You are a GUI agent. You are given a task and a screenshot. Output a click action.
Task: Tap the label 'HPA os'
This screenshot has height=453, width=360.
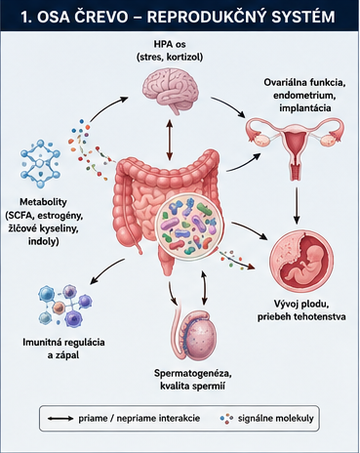click(170, 44)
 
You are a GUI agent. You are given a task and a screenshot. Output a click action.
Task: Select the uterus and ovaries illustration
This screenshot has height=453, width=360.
click(295, 146)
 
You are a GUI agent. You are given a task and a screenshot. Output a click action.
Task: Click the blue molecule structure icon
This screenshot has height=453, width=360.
click(40, 163)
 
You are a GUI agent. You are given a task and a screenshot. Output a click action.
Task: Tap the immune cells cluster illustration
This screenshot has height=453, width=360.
click(63, 307)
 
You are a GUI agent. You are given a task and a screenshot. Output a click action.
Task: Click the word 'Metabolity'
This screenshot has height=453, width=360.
click(43, 202)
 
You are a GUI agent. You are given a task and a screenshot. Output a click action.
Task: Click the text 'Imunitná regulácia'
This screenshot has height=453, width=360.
click(63, 343)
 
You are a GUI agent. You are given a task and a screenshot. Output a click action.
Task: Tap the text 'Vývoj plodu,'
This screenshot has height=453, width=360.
click(301, 305)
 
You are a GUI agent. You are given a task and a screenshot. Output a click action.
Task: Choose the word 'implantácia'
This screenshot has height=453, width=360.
click(305, 107)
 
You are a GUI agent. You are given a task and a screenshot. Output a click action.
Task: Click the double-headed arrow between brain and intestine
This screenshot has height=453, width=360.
click(169, 140)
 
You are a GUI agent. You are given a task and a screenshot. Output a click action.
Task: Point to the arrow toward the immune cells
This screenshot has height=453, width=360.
click(106, 271)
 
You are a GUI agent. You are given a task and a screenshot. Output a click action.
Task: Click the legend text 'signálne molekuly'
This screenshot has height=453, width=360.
click(276, 418)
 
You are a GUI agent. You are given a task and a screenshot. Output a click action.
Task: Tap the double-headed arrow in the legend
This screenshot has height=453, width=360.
click(60, 419)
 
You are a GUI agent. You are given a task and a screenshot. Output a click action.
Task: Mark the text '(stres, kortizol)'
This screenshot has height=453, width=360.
click(170, 58)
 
